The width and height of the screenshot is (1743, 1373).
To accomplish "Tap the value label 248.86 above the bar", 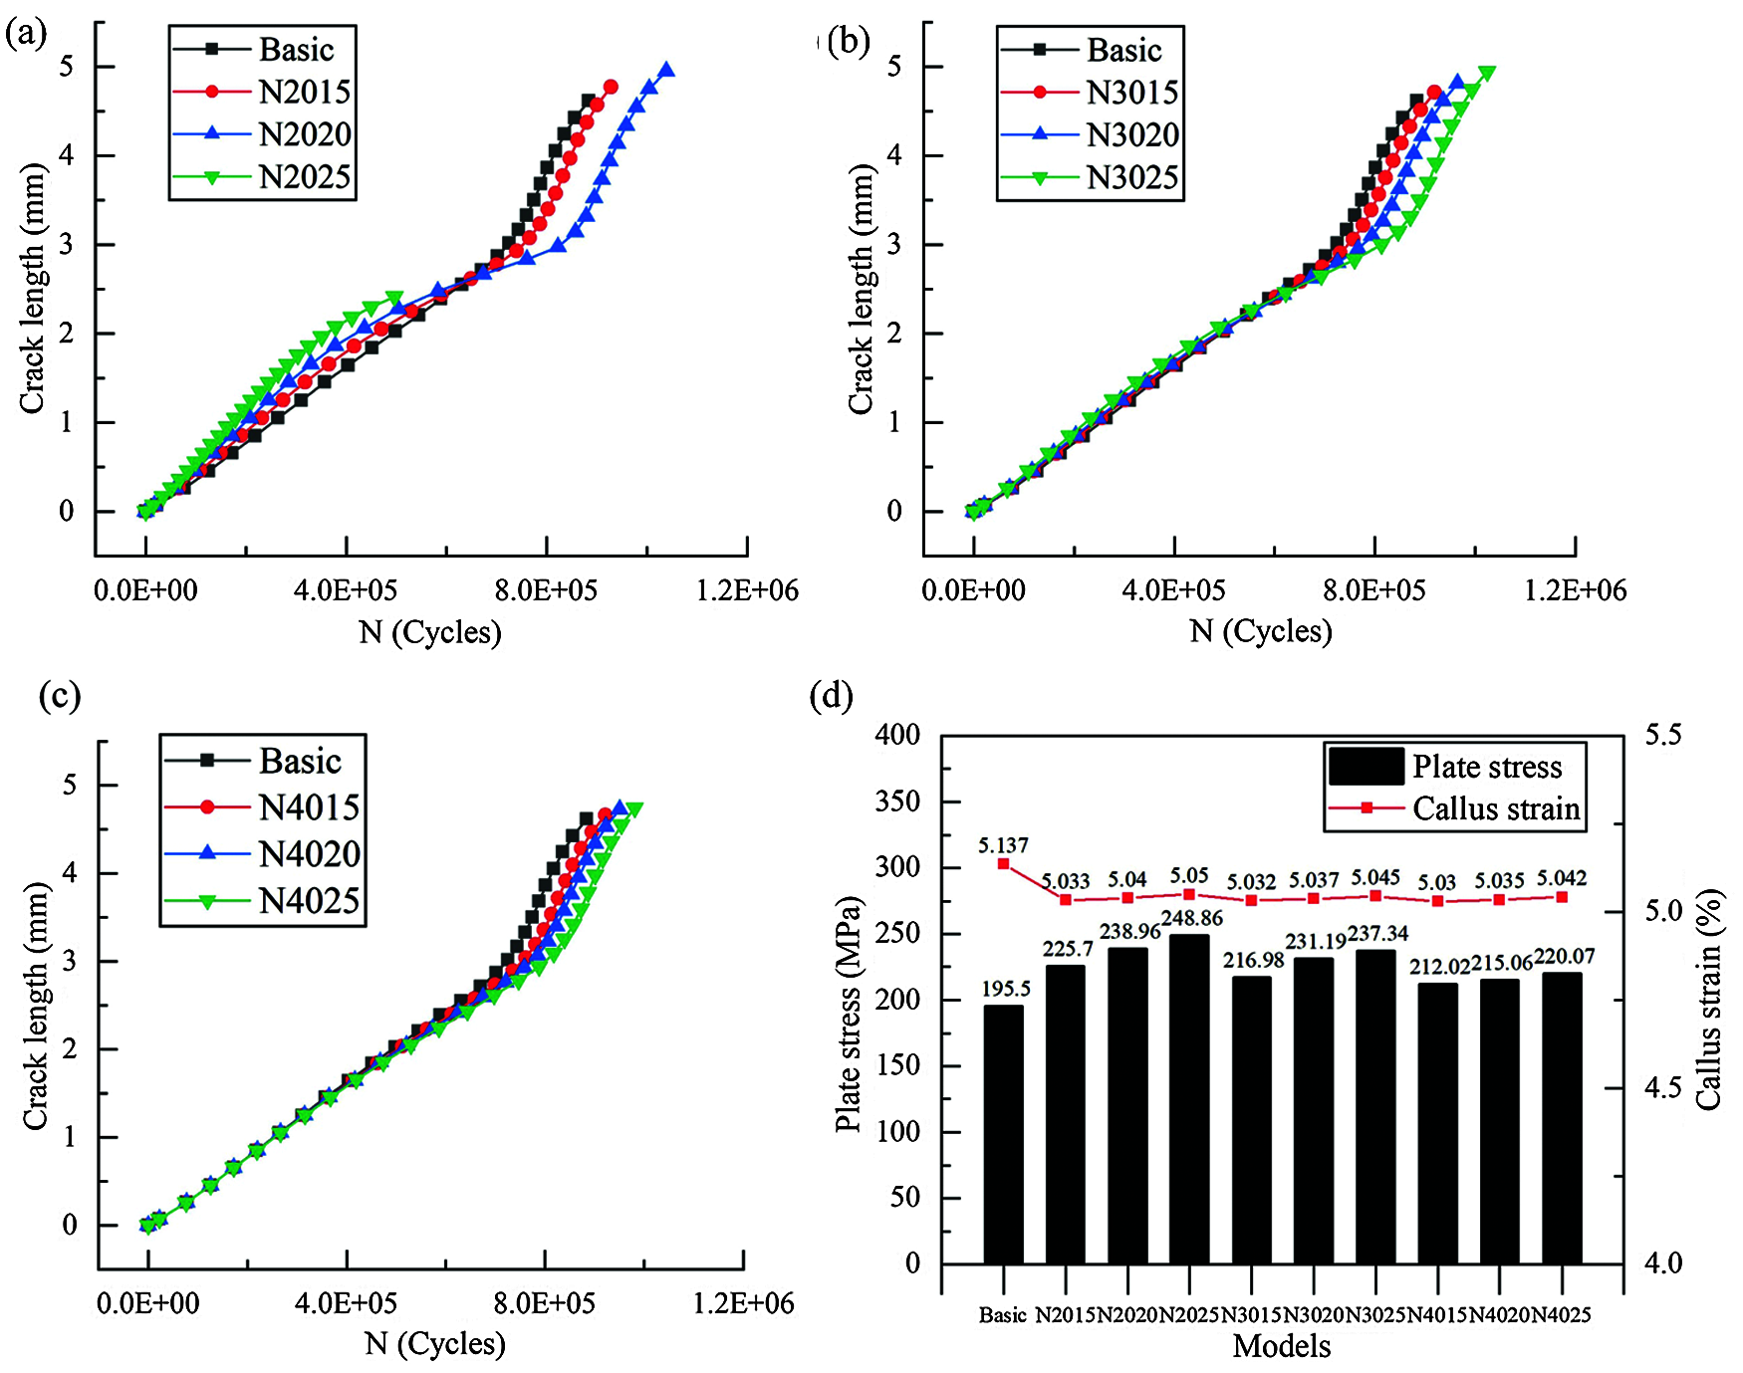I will coord(1191,917).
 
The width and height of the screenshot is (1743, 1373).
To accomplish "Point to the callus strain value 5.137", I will coord(1003,845).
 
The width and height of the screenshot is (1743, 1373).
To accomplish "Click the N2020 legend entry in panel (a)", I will coord(304,134).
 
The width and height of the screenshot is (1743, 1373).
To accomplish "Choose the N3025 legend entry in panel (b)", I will coord(1132,177).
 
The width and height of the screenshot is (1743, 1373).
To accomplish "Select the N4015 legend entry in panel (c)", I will coord(309,806).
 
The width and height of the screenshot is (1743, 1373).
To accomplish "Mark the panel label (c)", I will coord(59,695).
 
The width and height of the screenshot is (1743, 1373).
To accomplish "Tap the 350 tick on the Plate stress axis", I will coord(897,801).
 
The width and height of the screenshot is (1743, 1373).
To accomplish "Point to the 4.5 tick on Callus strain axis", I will coord(1662,1087).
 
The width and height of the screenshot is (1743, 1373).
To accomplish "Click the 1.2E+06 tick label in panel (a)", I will coord(747,590).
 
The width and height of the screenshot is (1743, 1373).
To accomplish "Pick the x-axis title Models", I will coord(1282,1346).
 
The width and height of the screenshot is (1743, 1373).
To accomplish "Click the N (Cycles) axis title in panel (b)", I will coord(1261,631).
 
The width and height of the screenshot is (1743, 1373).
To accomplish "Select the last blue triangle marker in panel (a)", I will coord(666,70).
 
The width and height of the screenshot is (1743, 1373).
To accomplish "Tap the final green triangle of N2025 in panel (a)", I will coord(394,299).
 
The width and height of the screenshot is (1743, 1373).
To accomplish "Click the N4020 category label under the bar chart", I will coord(1499,1315).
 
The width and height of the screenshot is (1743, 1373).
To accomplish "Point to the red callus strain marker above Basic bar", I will coord(1003,864).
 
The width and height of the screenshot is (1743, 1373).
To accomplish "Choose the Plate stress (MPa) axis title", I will coord(848,1016).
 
